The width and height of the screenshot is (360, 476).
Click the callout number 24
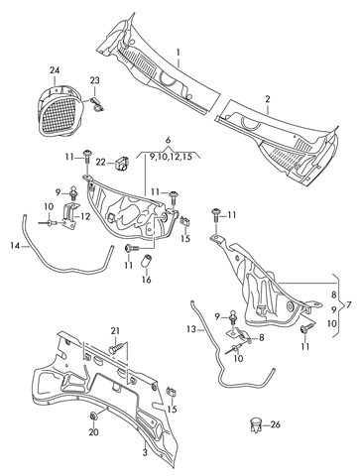(55, 70)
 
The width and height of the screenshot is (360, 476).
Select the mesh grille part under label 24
(60, 110)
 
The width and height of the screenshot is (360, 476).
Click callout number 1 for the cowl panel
(179, 53)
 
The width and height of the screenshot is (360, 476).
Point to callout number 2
(268, 99)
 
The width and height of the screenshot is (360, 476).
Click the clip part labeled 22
(122, 163)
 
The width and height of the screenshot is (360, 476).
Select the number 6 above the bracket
(169, 140)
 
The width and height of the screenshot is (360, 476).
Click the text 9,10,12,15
(171, 157)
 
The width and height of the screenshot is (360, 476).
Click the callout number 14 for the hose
(16, 245)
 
